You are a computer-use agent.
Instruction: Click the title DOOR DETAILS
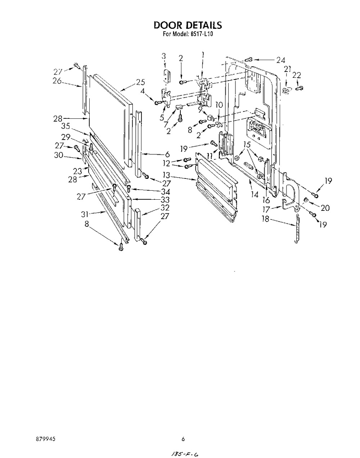(x=188, y=25)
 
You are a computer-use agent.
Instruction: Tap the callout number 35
(x=66, y=126)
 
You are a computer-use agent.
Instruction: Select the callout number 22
(x=297, y=75)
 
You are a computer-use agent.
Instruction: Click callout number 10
(x=219, y=105)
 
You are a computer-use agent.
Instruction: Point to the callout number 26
(x=57, y=81)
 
